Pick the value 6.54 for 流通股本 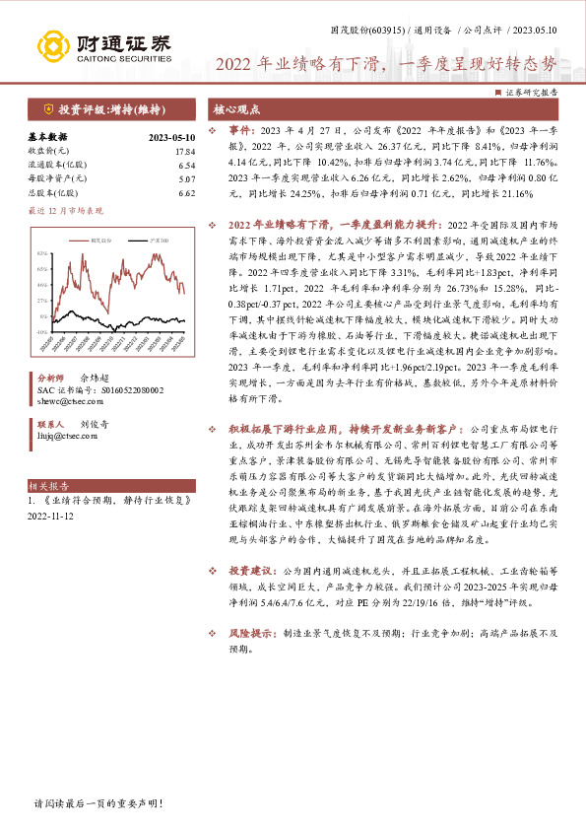tap(186, 166)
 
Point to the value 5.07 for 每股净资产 tap(186, 179)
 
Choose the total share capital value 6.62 tap(186, 193)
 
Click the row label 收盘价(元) tap(45, 152)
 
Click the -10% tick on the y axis tap(42, 331)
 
